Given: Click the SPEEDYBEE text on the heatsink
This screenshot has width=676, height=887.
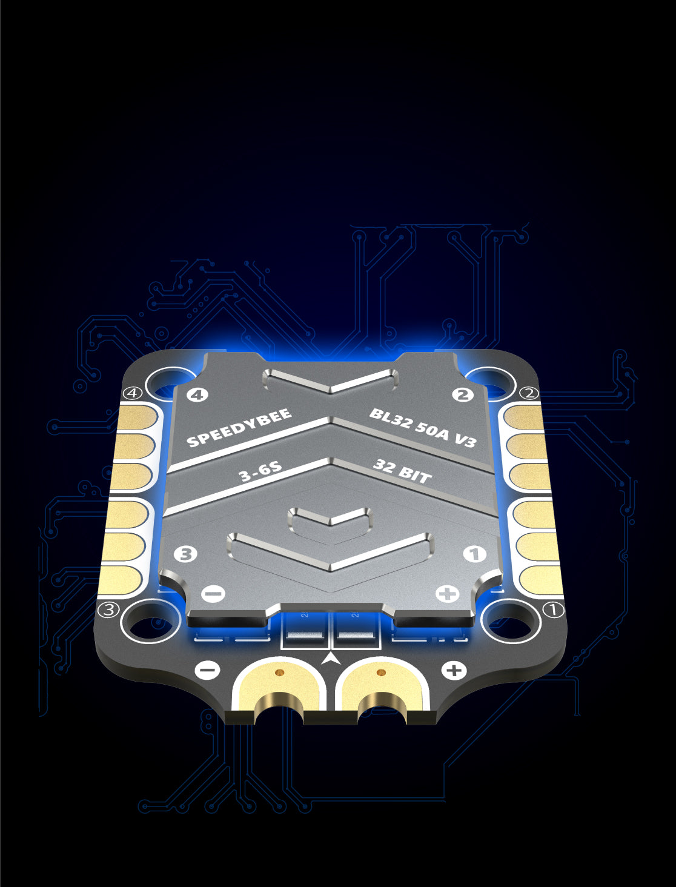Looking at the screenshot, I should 239,428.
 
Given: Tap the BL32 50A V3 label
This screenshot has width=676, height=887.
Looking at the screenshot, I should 423,428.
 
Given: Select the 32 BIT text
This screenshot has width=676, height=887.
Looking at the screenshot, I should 402,471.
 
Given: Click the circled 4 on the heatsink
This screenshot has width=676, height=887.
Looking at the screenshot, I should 197,395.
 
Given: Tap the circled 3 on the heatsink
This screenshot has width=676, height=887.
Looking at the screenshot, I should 185,554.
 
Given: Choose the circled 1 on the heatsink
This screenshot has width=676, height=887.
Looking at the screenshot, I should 474,554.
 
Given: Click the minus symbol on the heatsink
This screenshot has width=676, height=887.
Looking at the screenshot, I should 213,593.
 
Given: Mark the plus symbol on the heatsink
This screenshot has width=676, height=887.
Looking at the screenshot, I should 447,594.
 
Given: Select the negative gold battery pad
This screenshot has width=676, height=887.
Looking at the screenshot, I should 279,685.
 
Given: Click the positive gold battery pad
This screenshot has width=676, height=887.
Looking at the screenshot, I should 382,685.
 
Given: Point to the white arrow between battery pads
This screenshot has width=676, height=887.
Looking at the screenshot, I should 331,658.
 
